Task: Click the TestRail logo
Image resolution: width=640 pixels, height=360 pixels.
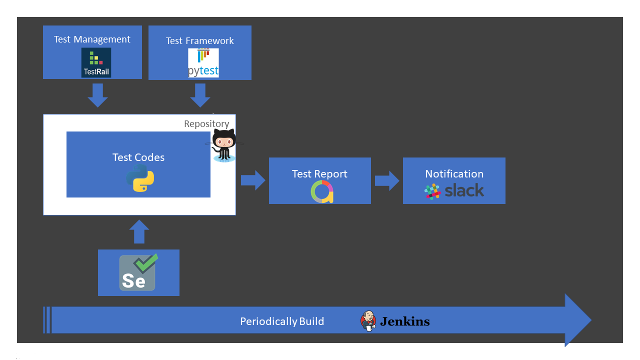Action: pyautogui.click(x=96, y=63)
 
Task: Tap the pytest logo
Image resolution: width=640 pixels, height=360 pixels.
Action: pyautogui.click(x=203, y=63)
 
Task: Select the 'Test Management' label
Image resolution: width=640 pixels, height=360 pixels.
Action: pyautogui.click(x=92, y=39)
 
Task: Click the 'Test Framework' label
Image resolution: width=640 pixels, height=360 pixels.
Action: pyautogui.click(x=199, y=41)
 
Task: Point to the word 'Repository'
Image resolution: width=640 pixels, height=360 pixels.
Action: pyautogui.click(x=206, y=124)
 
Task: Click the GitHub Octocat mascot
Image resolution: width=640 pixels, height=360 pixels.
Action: pyautogui.click(x=223, y=145)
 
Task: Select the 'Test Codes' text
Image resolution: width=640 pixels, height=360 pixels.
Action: pyautogui.click(x=138, y=157)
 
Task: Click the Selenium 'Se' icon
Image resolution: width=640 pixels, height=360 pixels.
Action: pyautogui.click(x=138, y=273)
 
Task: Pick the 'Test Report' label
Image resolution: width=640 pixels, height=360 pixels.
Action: pyautogui.click(x=319, y=174)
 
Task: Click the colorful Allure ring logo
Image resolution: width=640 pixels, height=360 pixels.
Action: pyautogui.click(x=321, y=192)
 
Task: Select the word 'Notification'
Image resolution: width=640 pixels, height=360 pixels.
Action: pyautogui.click(x=454, y=174)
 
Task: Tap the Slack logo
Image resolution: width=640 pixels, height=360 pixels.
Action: pyautogui.click(x=454, y=191)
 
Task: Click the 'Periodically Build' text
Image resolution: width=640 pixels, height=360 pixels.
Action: pyautogui.click(x=282, y=321)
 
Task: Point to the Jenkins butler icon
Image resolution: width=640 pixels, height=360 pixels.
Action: pyautogui.click(x=368, y=321)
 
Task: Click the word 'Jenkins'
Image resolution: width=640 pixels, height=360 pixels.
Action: pyautogui.click(x=404, y=321)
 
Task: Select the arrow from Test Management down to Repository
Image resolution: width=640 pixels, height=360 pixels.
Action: pyautogui.click(x=97, y=95)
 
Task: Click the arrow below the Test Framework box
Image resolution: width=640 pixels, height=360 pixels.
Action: pyautogui.click(x=200, y=95)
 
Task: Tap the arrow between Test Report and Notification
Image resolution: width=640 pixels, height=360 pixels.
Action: pyautogui.click(x=387, y=181)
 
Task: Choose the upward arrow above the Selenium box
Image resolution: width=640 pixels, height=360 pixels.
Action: pyautogui.click(x=139, y=232)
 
